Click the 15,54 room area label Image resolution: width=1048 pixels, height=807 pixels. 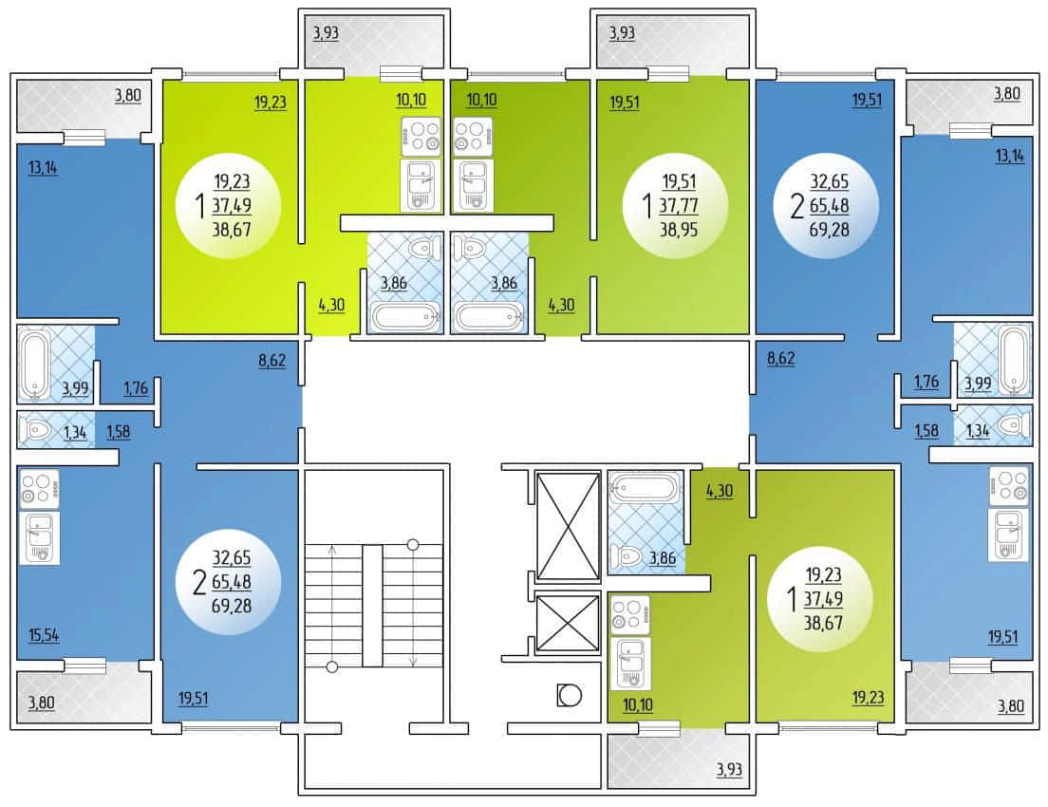(x=44, y=634)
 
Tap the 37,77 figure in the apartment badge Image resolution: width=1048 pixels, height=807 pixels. (x=679, y=205)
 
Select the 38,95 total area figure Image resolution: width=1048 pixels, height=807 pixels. (x=679, y=230)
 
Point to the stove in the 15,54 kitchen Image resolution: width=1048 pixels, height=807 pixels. (x=40, y=489)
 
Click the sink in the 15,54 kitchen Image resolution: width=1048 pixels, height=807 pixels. (x=40, y=538)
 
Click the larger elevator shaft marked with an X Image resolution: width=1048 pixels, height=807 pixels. (x=568, y=526)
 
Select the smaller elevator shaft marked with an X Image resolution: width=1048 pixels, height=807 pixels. (x=568, y=623)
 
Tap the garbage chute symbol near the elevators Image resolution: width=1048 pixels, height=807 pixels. (x=569, y=695)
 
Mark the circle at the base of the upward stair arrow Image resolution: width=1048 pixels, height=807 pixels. (x=332, y=666)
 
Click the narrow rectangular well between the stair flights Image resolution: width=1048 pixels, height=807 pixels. (x=372, y=606)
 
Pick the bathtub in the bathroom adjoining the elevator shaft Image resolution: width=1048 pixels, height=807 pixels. (x=646, y=488)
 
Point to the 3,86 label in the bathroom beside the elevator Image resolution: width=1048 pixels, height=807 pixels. (x=663, y=557)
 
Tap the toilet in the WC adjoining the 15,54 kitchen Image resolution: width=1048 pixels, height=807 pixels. (x=33, y=429)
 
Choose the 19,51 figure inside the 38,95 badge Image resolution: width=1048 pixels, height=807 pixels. (x=679, y=181)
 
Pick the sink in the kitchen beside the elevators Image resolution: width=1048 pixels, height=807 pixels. (x=630, y=664)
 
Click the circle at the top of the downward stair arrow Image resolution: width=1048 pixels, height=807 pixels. (x=413, y=545)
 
